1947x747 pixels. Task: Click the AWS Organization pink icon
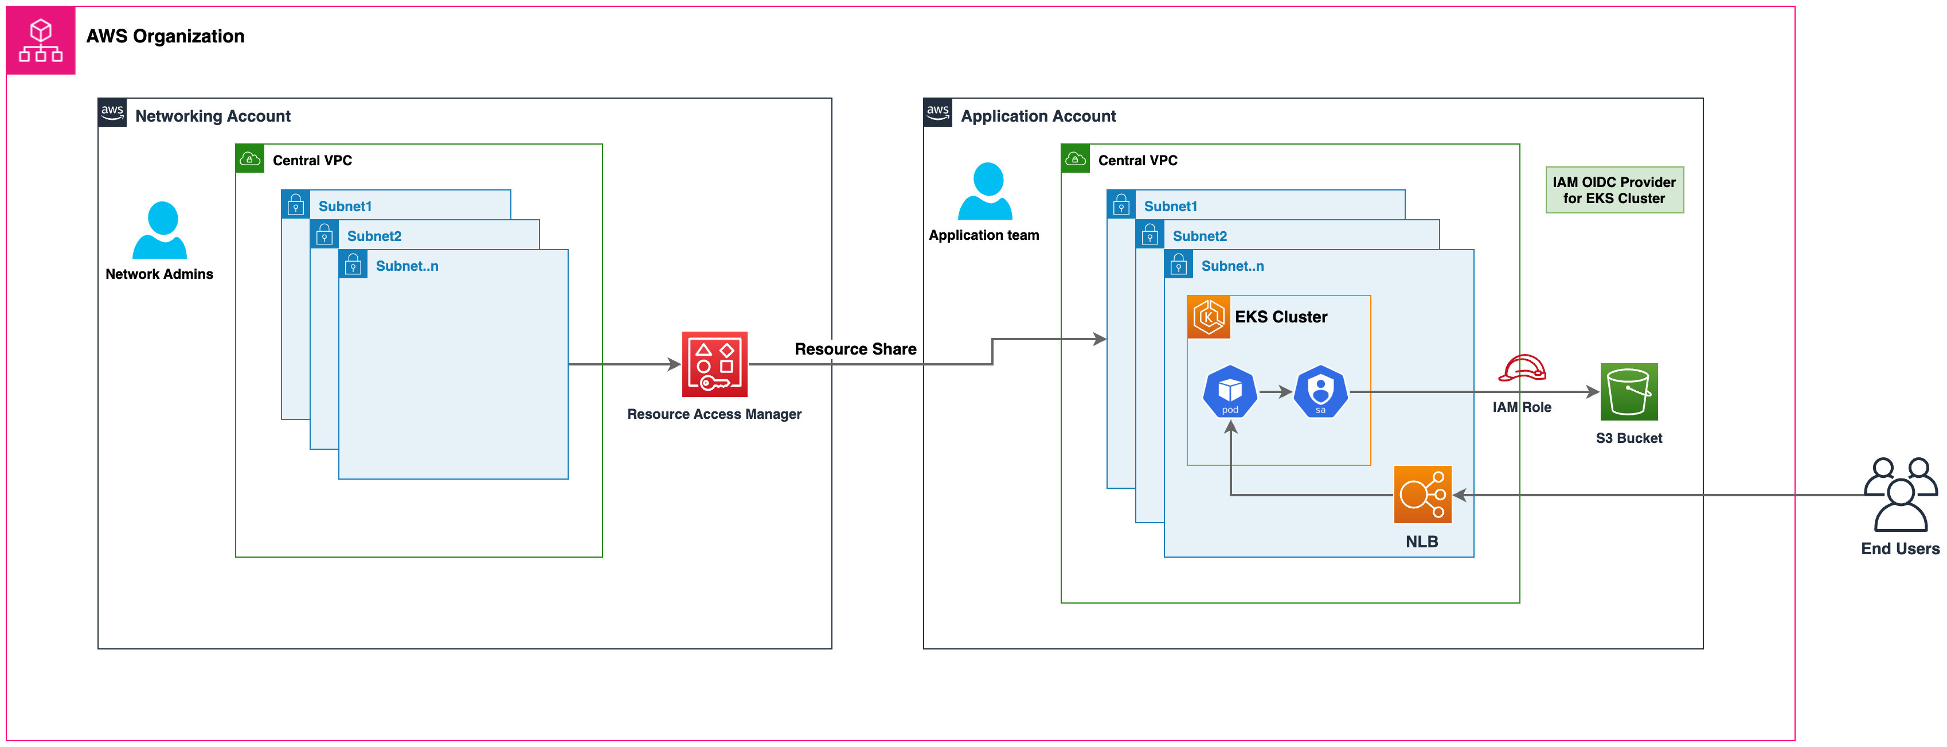tap(41, 40)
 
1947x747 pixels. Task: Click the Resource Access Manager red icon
tap(714, 364)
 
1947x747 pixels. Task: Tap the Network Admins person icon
tap(159, 230)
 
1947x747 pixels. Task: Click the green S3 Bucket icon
tap(1629, 392)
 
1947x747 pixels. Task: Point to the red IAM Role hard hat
tap(1522, 368)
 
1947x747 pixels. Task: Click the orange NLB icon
tap(1422, 495)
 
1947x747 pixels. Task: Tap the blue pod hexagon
tap(1230, 391)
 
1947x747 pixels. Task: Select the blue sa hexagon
tap(1320, 391)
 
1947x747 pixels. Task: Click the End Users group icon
tap(1900, 495)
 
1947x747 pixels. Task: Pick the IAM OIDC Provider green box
tap(1614, 190)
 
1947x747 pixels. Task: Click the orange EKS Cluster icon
tap(1209, 317)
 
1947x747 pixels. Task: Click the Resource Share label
tap(855, 349)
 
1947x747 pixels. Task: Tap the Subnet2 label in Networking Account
tap(374, 236)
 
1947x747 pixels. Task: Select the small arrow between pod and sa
tap(1275, 392)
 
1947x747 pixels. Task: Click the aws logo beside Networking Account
tap(112, 112)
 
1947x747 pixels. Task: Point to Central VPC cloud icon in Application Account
tap(1075, 159)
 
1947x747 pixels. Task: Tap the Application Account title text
tap(1038, 116)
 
